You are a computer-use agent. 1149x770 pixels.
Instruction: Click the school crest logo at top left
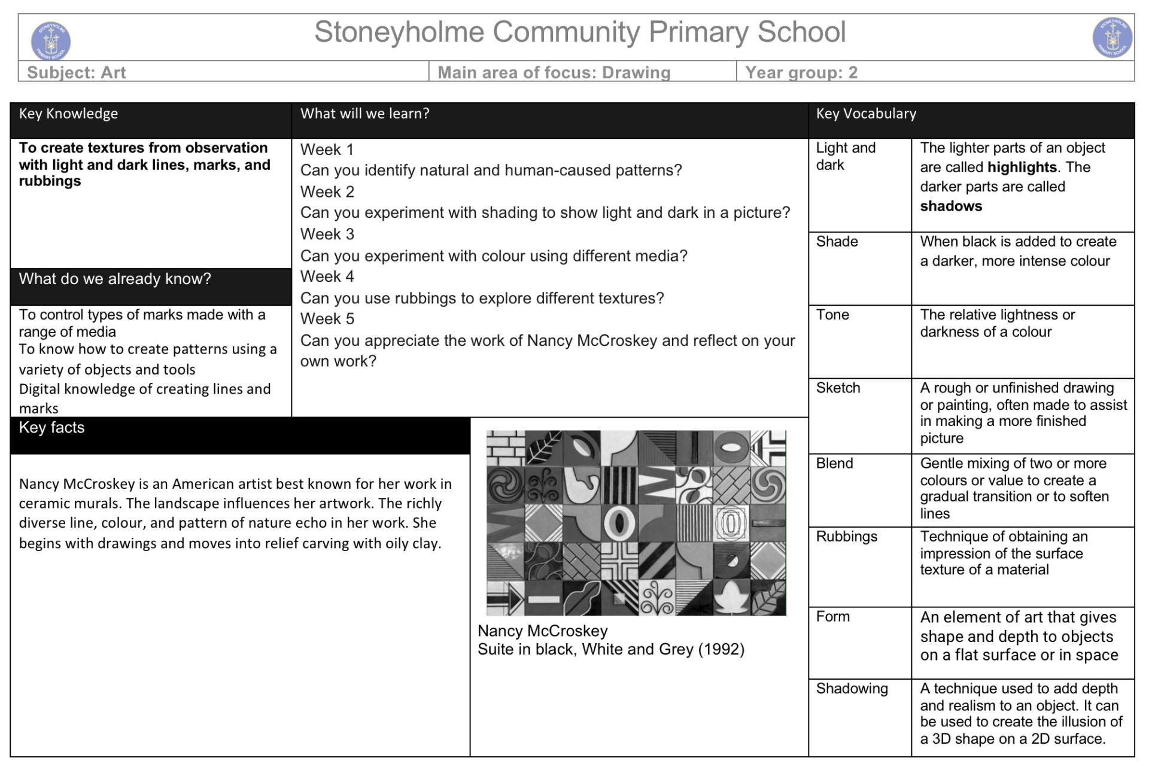pyautogui.click(x=51, y=40)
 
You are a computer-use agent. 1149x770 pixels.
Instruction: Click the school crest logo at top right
pyautogui.click(x=1112, y=37)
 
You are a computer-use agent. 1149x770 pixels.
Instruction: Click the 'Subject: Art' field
pyautogui.click(x=77, y=72)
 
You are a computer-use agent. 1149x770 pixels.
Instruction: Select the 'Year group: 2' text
pyautogui.click(x=801, y=72)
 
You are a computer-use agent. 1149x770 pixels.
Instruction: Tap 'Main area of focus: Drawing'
pyautogui.click(x=554, y=72)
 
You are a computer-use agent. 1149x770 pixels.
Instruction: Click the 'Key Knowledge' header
pyautogui.click(x=68, y=114)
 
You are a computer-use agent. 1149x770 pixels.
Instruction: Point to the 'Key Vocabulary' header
pyautogui.click(x=866, y=114)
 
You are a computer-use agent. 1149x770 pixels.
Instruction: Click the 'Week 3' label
pyautogui.click(x=327, y=234)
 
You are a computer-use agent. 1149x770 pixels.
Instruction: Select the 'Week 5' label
pyautogui.click(x=327, y=319)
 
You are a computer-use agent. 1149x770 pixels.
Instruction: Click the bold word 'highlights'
pyautogui.click(x=1022, y=167)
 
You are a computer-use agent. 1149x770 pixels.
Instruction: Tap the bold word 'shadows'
pyautogui.click(x=951, y=206)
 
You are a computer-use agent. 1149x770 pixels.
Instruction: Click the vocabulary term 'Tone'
pyautogui.click(x=832, y=315)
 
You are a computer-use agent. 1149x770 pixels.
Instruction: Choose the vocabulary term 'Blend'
pyautogui.click(x=834, y=463)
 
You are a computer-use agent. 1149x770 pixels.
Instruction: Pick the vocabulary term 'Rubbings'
pyautogui.click(x=847, y=536)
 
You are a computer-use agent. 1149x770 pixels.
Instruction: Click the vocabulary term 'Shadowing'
pyautogui.click(x=852, y=689)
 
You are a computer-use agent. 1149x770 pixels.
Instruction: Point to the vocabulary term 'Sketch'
pyautogui.click(x=838, y=388)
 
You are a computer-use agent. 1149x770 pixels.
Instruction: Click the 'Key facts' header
pyautogui.click(x=51, y=427)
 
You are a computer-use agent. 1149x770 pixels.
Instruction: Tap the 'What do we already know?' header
pyautogui.click(x=115, y=279)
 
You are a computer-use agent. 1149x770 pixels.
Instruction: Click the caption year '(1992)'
pyautogui.click(x=721, y=649)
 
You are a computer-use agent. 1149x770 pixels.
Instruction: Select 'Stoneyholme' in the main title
pyautogui.click(x=399, y=32)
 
